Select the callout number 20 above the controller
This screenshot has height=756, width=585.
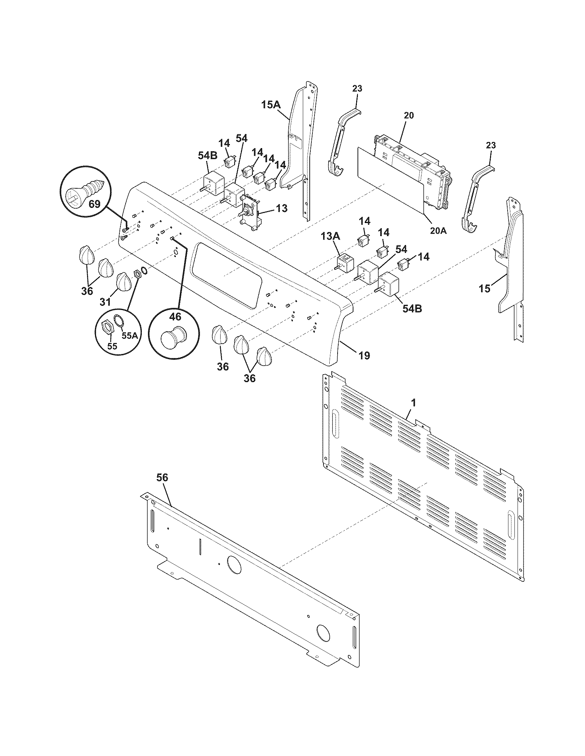click(408, 115)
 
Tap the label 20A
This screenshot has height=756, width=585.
click(438, 231)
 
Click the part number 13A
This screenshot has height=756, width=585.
click(331, 237)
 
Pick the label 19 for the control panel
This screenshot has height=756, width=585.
click(364, 355)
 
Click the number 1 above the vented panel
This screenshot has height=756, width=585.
click(413, 403)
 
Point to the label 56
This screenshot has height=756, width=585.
click(162, 478)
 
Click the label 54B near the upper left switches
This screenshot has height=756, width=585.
click(208, 156)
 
